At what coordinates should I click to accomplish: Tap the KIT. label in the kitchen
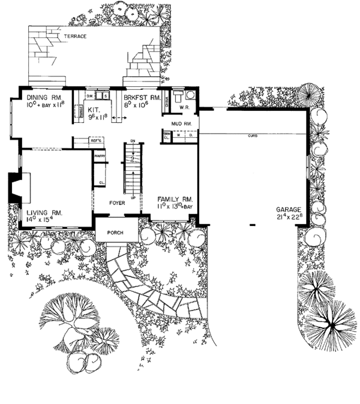click(x=93, y=110)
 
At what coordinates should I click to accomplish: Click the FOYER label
click(x=116, y=203)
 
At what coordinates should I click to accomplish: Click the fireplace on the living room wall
click(x=13, y=186)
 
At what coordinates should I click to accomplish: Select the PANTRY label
click(x=100, y=156)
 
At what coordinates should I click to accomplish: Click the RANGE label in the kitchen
click(x=76, y=111)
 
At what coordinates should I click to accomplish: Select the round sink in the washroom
click(x=189, y=95)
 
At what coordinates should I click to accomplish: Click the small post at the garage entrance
click(x=253, y=224)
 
